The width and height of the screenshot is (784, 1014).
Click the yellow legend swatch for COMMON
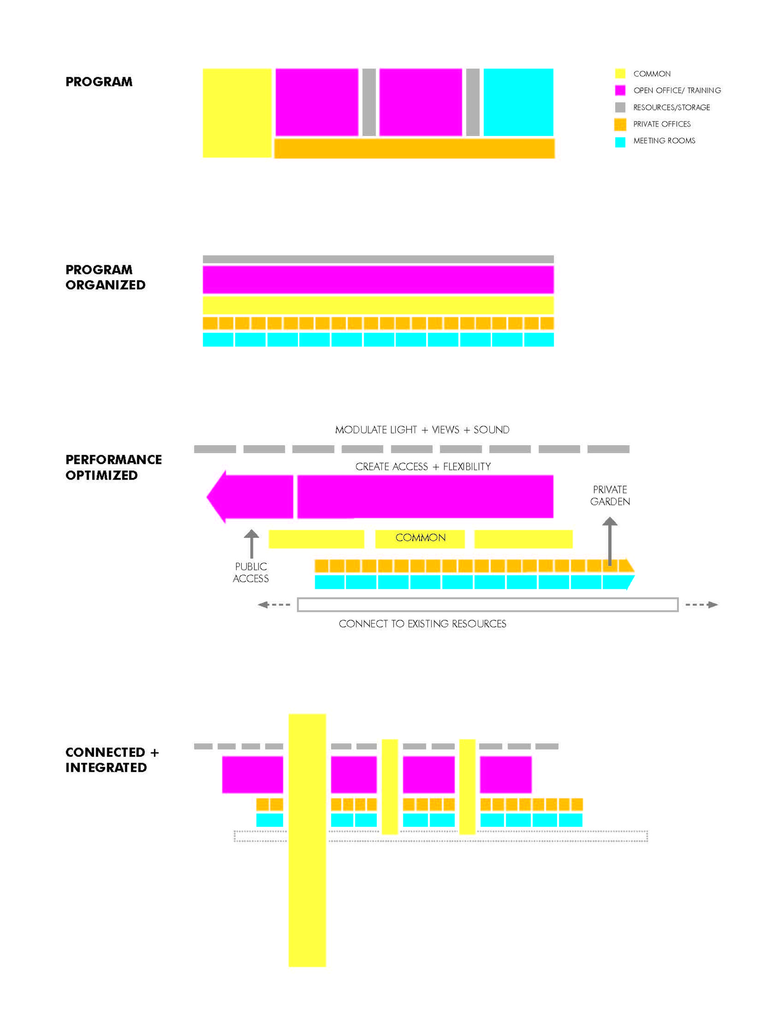pyautogui.click(x=620, y=73)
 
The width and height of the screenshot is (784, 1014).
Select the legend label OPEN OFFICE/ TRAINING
pyautogui.click(x=677, y=91)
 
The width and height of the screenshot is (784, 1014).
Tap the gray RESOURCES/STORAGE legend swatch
pyautogui.click(x=620, y=107)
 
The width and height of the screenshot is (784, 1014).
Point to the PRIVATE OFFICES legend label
pyautogui.click(x=661, y=124)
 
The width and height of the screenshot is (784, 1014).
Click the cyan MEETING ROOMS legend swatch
pyautogui.click(x=620, y=141)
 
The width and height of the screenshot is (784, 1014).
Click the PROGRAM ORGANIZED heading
pyautogui.click(x=105, y=277)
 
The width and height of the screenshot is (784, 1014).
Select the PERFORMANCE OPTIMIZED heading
pyautogui.click(x=113, y=467)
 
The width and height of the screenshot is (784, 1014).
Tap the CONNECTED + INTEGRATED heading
pyautogui.click(x=112, y=760)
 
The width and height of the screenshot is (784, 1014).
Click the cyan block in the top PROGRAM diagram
pyautogui.click(x=518, y=102)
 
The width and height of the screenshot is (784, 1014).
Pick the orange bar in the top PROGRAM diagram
pyautogui.click(x=414, y=148)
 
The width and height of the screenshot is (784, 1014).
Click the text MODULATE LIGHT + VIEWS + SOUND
pyautogui.click(x=422, y=430)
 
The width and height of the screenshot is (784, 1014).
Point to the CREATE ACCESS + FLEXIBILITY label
pyautogui.click(x=423, y=467)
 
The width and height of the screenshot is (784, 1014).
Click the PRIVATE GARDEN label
pyautogui.click(x=610, y=495)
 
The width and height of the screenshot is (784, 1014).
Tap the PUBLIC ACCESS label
pyautogui.click(x=251, y=572)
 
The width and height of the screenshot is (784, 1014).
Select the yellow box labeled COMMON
pyautogui.click(x=420, y=539)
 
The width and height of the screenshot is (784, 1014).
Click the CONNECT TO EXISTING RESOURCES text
pyautogui.click(x=422, y=623)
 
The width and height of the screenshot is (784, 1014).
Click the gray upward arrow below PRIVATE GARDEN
pyautogui.click(x=610, y=541)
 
